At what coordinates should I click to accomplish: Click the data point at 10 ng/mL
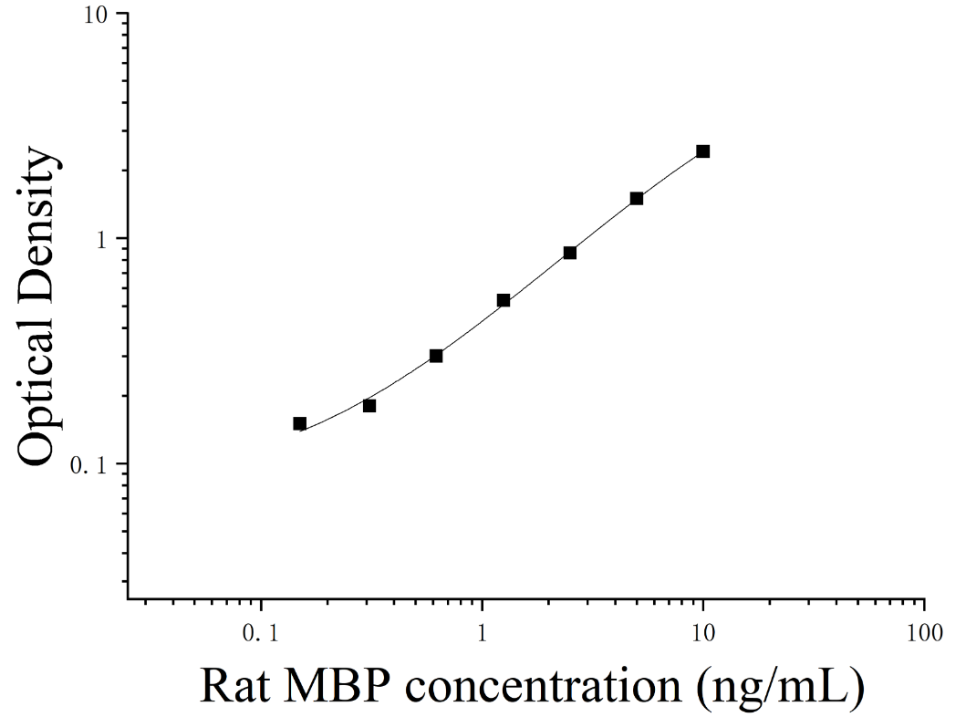pos(703,151)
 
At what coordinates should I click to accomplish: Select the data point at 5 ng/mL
pos(637,198)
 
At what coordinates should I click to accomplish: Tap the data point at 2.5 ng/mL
pos(570,253)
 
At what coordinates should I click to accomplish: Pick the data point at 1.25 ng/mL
pos(504,301)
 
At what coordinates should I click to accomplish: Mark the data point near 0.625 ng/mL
pos(436,356)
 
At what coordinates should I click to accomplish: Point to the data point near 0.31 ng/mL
pos(369,406)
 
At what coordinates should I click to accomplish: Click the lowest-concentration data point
pos(299,424)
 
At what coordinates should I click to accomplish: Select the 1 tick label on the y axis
pos(101,240)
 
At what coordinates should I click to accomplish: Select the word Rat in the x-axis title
pos(234,686)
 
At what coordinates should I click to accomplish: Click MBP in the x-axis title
pos(337,686)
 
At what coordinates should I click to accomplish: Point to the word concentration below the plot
pos(544,686)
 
